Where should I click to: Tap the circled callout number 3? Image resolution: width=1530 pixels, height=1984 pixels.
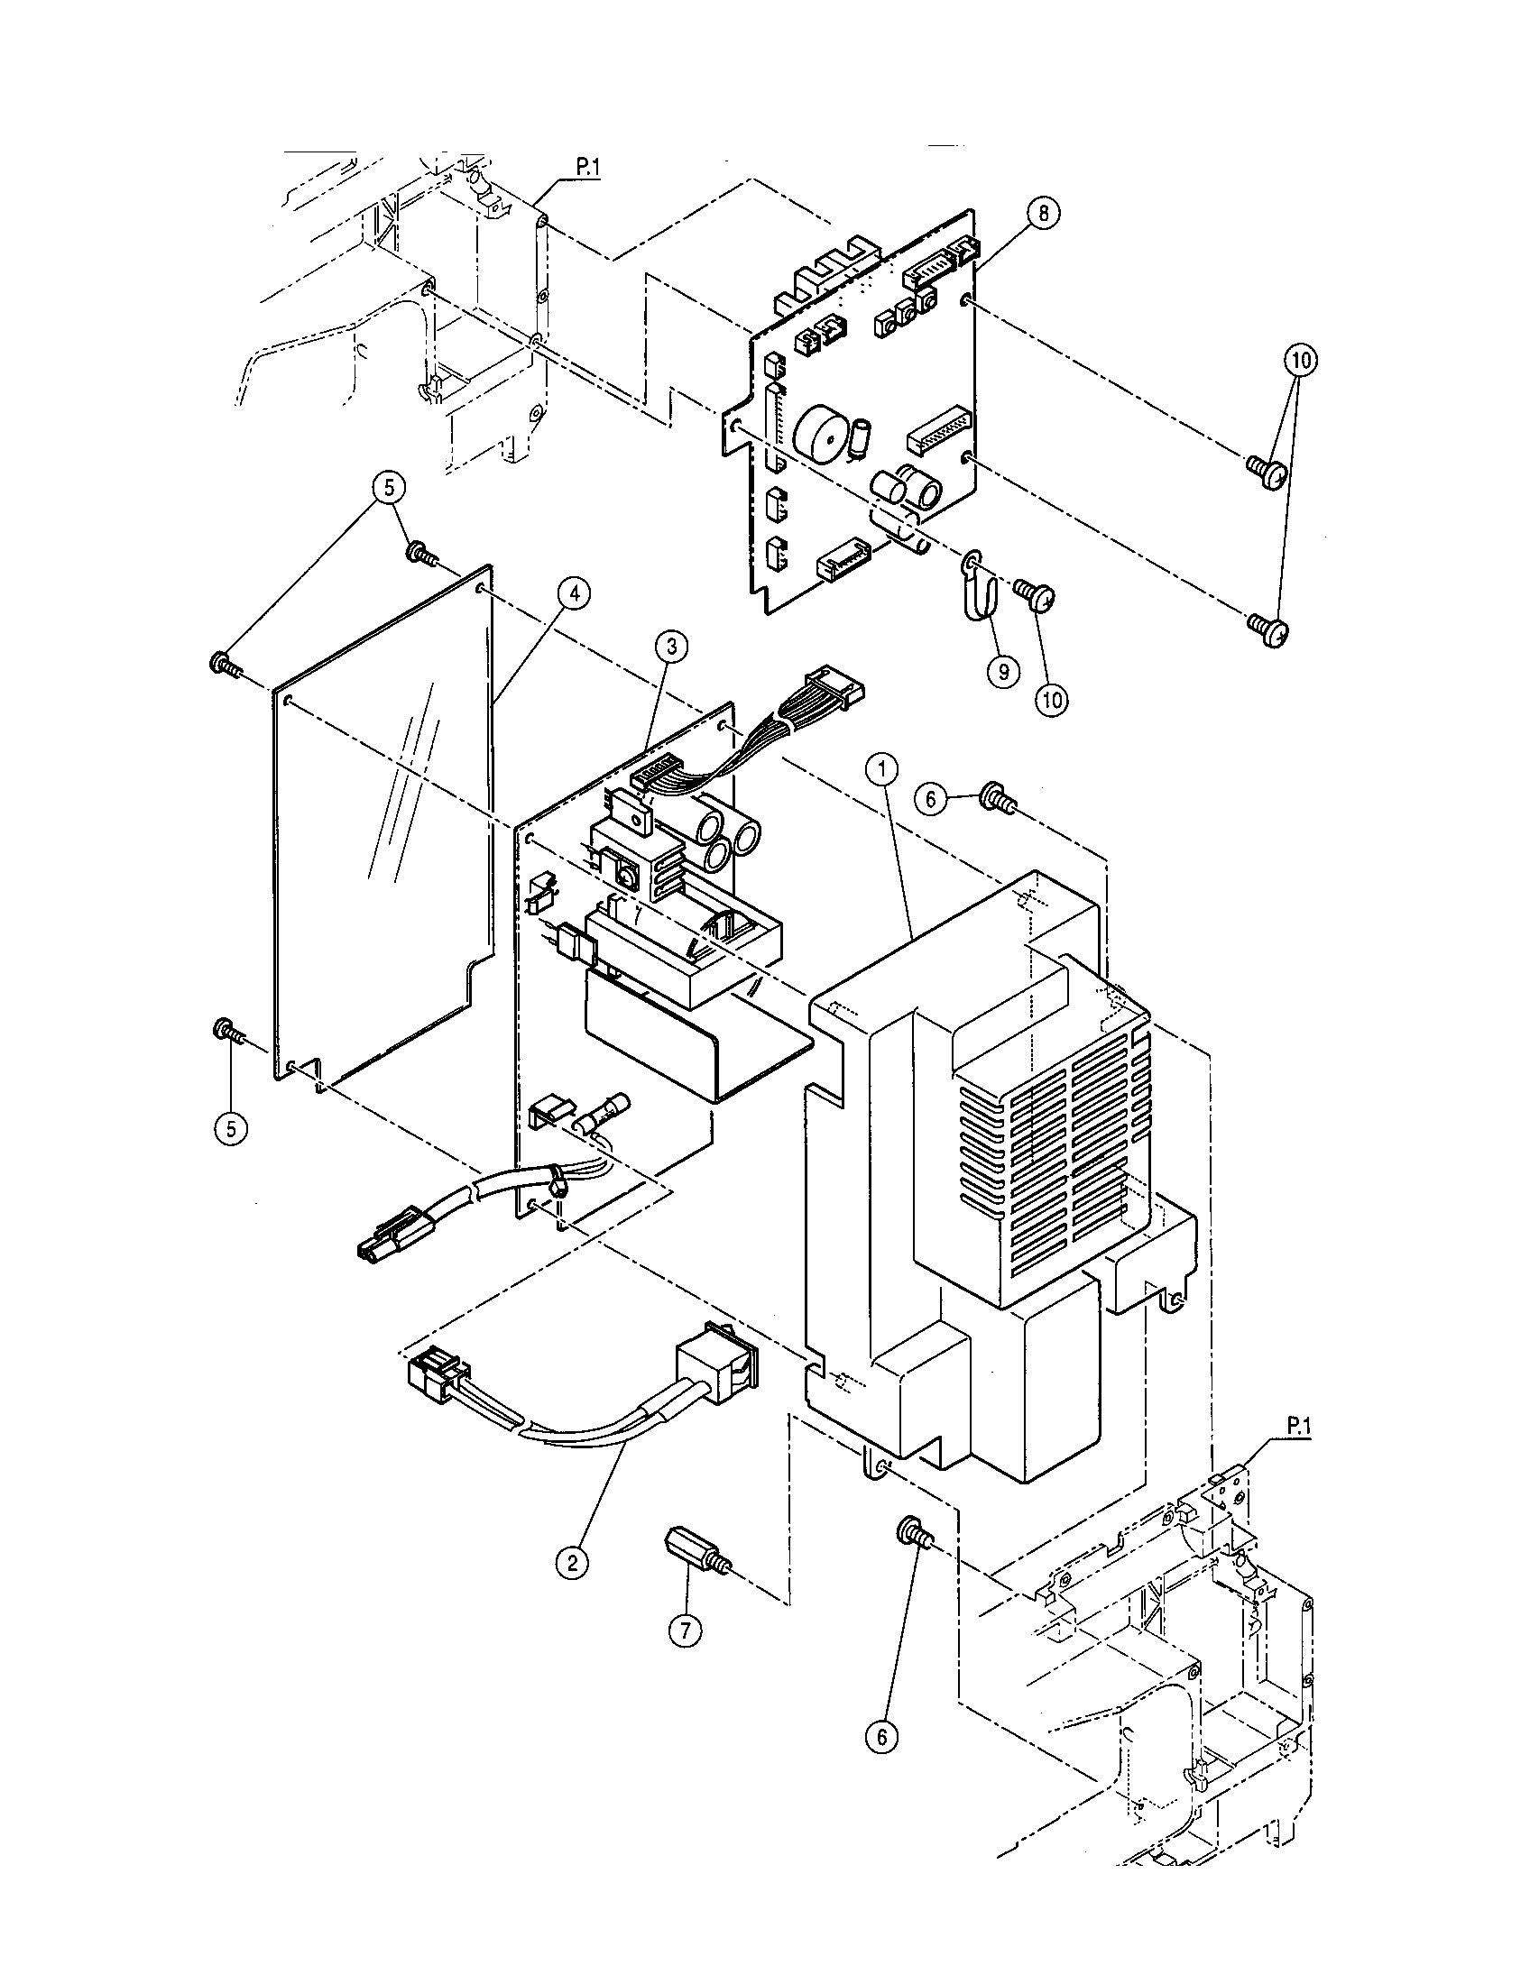click(x=671, y=647)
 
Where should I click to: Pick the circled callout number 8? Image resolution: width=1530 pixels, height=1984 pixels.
click(x=1043, y=213)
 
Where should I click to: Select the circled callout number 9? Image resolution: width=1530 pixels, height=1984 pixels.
click(x=1003, y=672)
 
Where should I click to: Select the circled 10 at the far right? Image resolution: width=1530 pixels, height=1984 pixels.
click(x=1299, y=361)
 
